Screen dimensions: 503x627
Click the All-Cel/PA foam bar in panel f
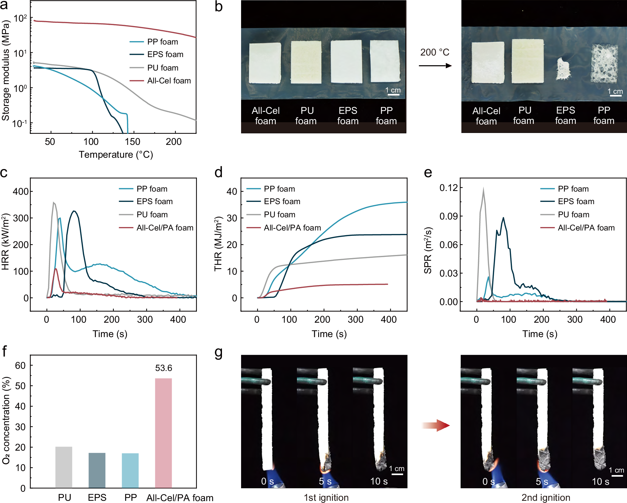[163, 433]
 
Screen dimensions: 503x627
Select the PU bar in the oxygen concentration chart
[64, 467]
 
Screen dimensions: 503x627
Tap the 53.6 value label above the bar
[163, 368]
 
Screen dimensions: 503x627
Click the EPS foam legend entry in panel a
[165, 54]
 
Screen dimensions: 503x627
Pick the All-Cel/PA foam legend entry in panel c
[165, 228]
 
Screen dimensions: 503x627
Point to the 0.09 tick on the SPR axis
[448, 216]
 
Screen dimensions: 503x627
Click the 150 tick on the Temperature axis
[132, 142]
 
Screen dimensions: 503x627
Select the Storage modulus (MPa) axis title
[5, 71]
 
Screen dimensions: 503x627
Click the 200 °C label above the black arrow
[435, 52]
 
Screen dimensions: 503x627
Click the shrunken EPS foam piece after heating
[563, 69]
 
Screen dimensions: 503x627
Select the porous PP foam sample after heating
[604, 64]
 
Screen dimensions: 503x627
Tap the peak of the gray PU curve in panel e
[483, 189]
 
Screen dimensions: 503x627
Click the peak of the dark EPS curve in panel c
[74, 211]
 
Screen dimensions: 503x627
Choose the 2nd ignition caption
[545, 498]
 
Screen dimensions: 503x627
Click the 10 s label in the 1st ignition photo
[379, 481]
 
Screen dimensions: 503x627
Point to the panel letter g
[219, 353]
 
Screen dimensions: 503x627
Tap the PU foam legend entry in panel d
[279, 214]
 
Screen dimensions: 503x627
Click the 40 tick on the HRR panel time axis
[178, 320]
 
